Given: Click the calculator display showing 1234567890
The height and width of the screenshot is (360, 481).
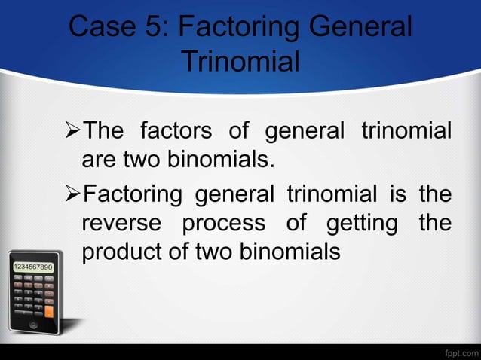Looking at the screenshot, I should tap(32, 267).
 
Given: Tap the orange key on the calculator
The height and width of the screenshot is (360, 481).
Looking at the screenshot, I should tap(48, 310).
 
